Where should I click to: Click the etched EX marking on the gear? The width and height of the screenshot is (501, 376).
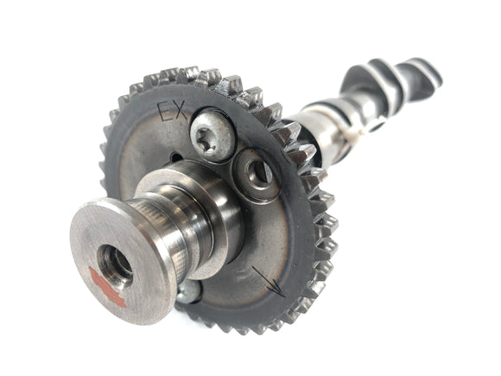(173, 111)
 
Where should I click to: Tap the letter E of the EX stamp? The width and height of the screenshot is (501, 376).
(165, 112)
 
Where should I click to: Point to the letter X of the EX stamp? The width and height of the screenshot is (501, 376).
(181, 111)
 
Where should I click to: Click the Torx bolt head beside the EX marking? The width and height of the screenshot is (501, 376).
(213, 136)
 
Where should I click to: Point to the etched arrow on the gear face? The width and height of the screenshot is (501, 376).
(269, 282)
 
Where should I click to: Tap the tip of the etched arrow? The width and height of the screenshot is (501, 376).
(283, 296)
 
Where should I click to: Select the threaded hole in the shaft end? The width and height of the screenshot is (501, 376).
(115, 262)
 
